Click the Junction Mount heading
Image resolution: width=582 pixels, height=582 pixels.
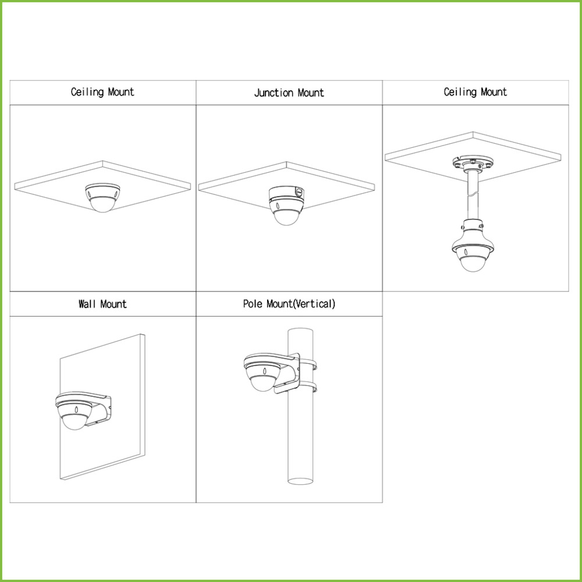click(289, 93)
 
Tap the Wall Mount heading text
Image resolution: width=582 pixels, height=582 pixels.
click(102, 304)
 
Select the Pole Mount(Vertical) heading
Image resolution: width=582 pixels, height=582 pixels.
click(289, 304)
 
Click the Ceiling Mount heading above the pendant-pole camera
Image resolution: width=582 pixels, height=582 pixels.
click(475, 92)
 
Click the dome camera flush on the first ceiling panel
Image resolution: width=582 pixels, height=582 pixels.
click(102, 197)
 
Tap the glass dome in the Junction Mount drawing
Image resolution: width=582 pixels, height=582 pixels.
click(286, 218)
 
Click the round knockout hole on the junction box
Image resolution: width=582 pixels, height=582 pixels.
click(299, 192)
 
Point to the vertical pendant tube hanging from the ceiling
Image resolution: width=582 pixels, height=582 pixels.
click(472, 196)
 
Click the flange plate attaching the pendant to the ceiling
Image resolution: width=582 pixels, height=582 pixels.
click(473, 165)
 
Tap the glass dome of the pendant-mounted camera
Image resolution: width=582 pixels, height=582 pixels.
click(473, 263)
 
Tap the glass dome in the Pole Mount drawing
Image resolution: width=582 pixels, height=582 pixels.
click(263, 384)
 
